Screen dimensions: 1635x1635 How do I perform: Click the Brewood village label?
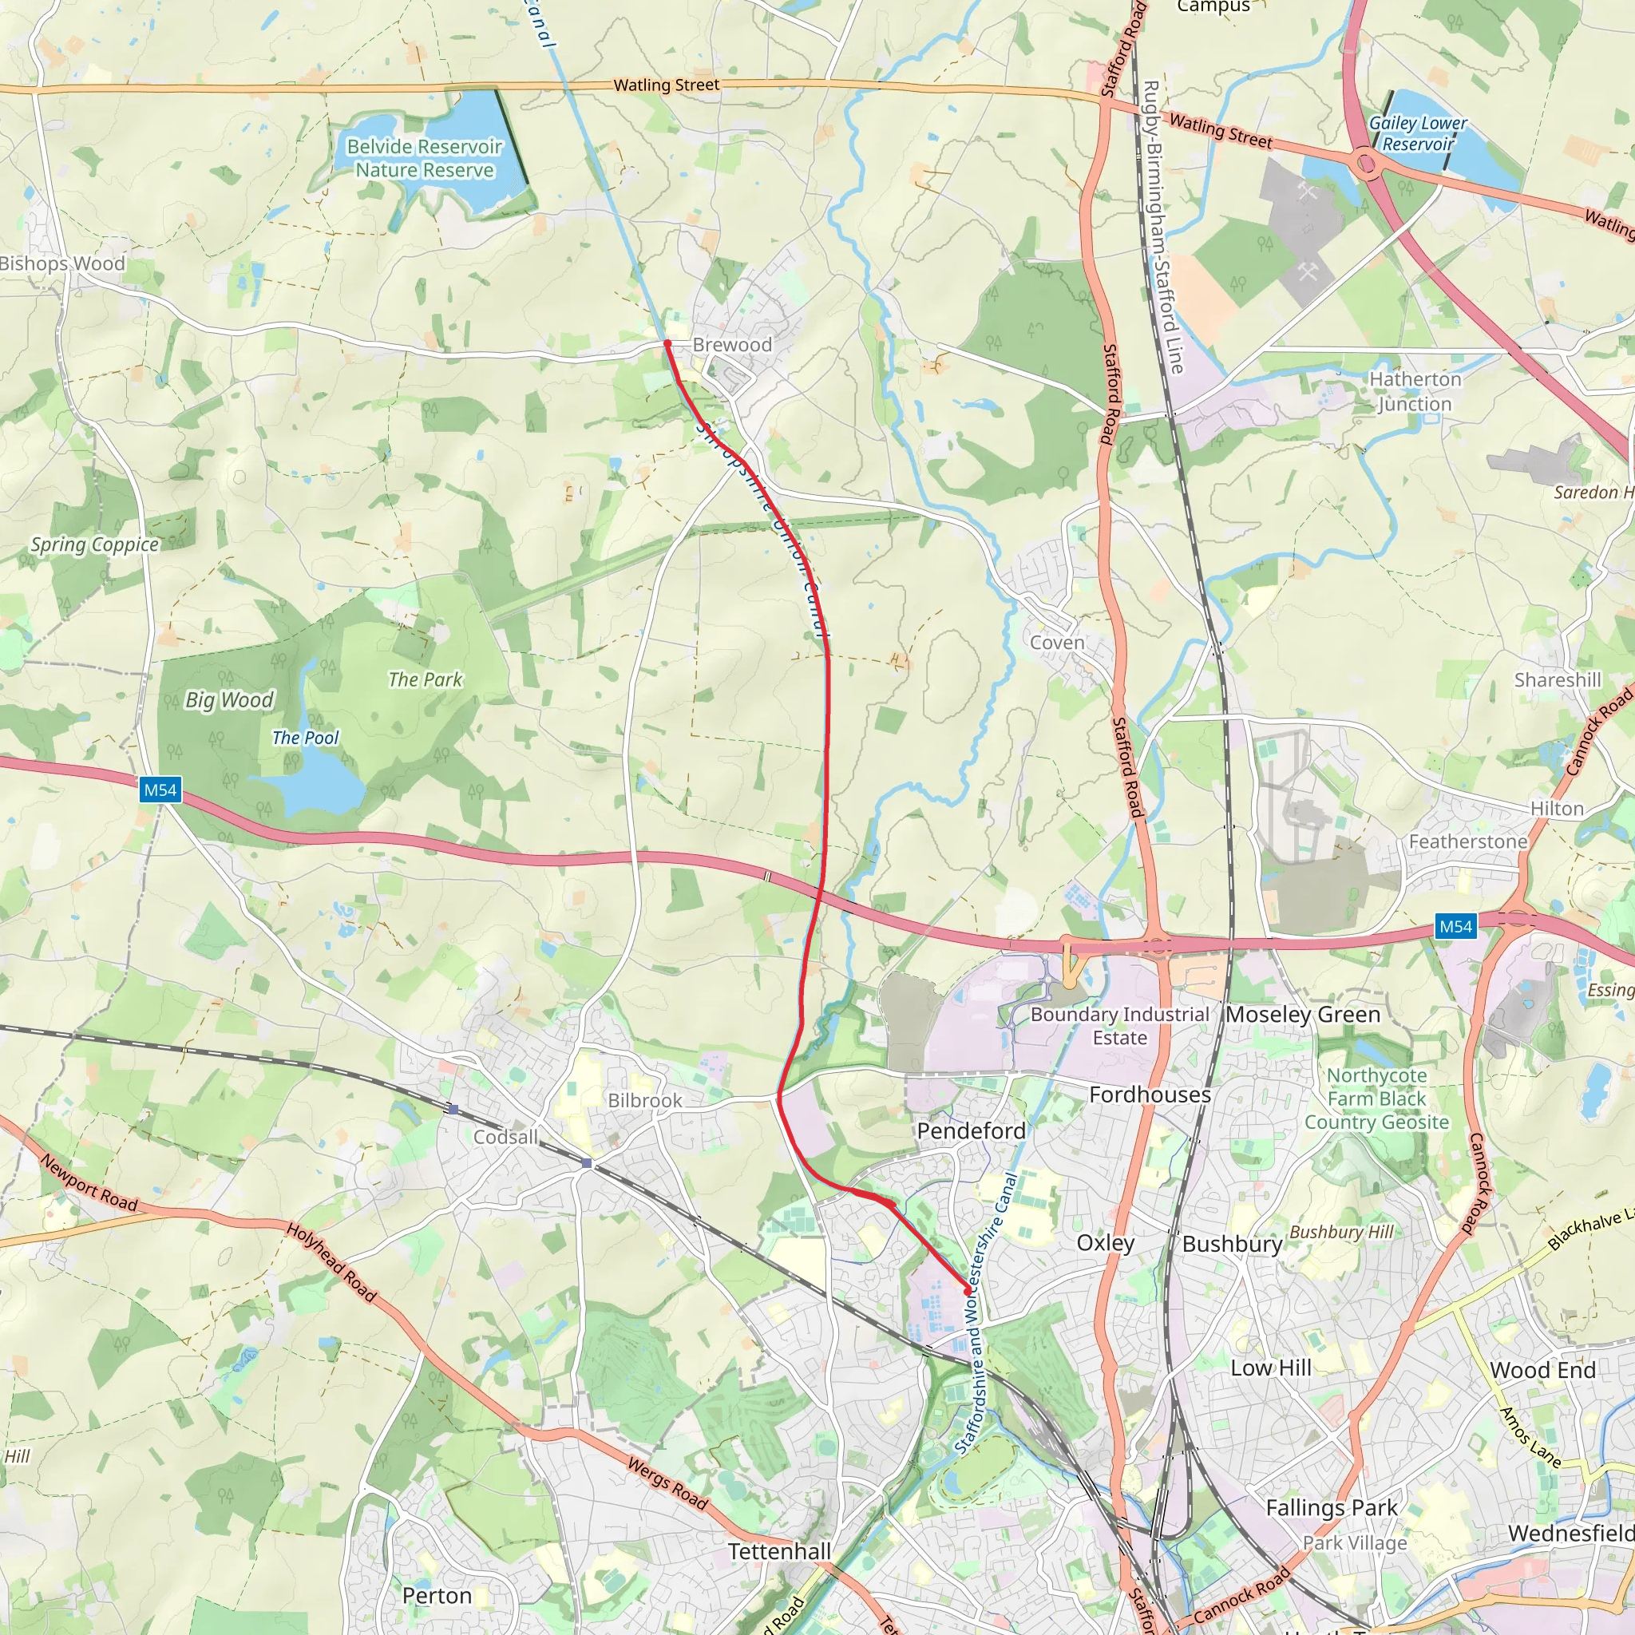[x=732, y=344]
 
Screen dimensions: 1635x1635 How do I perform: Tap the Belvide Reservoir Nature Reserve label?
[x=424, y=158]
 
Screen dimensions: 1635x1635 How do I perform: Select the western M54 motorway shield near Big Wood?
[x=160, y=790]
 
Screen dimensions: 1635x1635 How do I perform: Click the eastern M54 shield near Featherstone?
[x=1455, y=927]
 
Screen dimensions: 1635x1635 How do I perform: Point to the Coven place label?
[x=1057, y=643]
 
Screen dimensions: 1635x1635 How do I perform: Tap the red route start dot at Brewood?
[x=667, y=343]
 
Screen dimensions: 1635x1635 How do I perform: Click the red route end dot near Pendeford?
[x=968, y=1292]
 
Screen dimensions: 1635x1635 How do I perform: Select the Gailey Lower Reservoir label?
[x=1418, y=133]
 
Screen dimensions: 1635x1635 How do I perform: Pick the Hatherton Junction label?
[x=1415, y=391]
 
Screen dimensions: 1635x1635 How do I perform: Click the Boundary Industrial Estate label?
[x=1119, y=1026]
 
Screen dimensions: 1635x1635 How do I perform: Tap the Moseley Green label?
[x=1302, y=1014]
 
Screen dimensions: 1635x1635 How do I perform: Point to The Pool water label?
[x=305, y=738]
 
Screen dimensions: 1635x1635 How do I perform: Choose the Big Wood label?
[x=229, y=700]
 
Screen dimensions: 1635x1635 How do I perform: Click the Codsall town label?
[x=505, y=1137]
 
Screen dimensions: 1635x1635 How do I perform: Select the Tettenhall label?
[x=779, y=1551]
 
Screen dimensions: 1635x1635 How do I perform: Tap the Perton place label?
[x=437, y=1595]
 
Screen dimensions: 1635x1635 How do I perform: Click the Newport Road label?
[x=89, y=1183]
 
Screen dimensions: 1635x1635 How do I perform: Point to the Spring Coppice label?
[x=95, y=544]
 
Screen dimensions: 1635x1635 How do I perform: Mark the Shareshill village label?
[x=1557, y=680]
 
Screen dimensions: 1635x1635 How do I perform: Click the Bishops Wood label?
[x=62, y=263]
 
